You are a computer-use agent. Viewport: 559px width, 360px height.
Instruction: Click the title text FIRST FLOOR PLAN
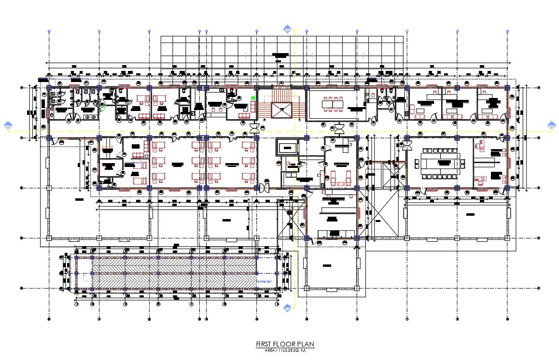[x=285, y=344]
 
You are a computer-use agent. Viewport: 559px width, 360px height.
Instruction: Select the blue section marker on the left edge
[x=8, y=126]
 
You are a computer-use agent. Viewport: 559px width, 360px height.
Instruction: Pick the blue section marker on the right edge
[x=551, y=125]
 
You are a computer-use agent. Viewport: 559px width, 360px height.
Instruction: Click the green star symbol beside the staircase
[x=252, y=98]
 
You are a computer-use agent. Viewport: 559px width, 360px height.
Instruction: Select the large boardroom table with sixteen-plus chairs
[x=441, y=162]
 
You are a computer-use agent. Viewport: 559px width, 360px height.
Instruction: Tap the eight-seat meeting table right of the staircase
[x=332, y=103]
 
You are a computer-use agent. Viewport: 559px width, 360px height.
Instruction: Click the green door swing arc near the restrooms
[x=102, y=107]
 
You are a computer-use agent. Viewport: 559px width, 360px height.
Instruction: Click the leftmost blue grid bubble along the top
[x=49, y=31]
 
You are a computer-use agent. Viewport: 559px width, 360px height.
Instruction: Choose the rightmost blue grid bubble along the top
[x=507, y=31]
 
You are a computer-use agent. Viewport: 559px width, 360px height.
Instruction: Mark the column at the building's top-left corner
[x=49, y=88]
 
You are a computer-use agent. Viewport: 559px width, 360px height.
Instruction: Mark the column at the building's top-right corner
[x=507, y=88]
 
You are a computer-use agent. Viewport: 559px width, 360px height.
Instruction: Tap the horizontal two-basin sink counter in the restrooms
[x=87, y=116]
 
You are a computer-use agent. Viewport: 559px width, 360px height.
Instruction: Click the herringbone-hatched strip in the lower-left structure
[x=174, y=273]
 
